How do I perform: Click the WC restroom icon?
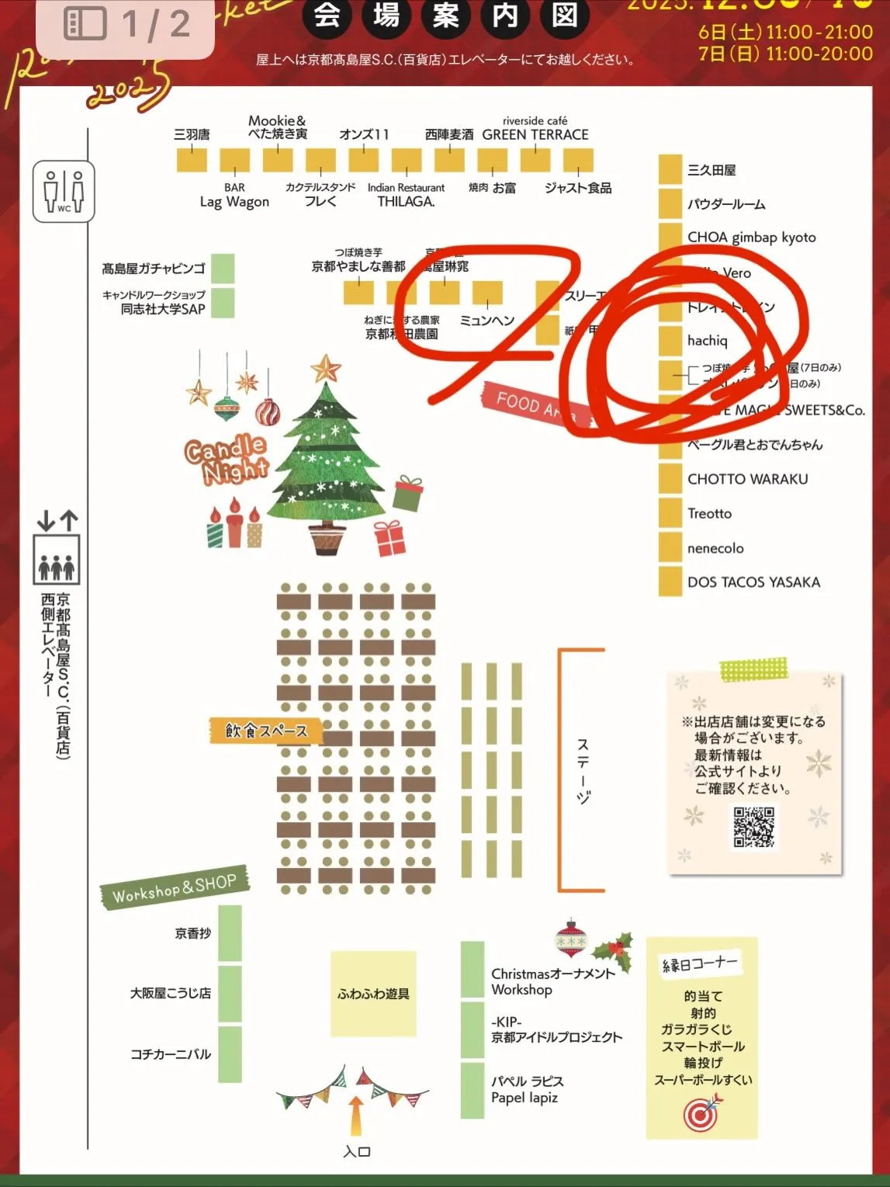[64, 191]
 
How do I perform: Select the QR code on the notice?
[753, 827]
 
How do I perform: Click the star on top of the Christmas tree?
[326, 367]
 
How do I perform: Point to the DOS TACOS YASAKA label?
[753, 582]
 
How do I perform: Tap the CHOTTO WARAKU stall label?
[747, 479]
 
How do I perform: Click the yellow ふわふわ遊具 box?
[373, 994]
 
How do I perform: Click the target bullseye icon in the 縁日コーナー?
[701, 1115]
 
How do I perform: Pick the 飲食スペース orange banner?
[265, 731]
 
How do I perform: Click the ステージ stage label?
[583, 770]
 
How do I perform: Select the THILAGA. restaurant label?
[406, 202]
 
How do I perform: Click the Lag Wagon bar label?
[234, 202]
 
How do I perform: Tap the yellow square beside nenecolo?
[670, 547]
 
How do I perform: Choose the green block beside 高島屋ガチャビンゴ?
[223, 269]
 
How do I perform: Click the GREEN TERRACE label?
[535, 134]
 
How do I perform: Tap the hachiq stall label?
[707, 341]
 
